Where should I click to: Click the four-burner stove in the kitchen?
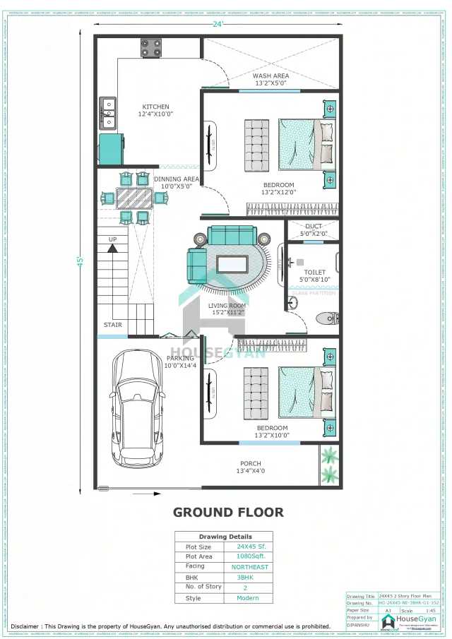(150, 48)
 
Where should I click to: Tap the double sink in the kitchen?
(108, 113)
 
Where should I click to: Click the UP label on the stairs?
(112, 239)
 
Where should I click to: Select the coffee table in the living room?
(232, 265)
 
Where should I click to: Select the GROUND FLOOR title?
(228, 512)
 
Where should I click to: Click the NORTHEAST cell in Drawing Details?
(250, 567)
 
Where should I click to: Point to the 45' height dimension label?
(81, 261)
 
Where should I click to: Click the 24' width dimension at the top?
(218, 24)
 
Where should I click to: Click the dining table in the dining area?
(133, 197)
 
